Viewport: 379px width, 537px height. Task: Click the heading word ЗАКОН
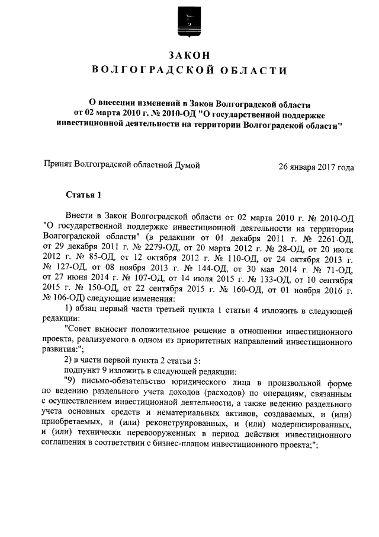click(x=189, y=55)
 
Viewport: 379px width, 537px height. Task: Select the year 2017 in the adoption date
click(x=325, y=167)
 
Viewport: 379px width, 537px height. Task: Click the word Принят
click(x=59, y=166)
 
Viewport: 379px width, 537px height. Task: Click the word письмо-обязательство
click(x=133, y=380)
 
